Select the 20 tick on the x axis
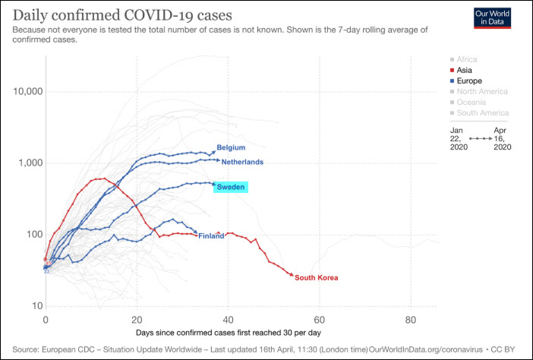pyautogui.click(x=137, y=319)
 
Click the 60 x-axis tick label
pyautogui.click(x=319, y=319)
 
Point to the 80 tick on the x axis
pyautogui.click(x=410, y=319)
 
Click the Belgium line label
pyautogui.click(x=231, y=147)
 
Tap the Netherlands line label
pyautogui.click(x=242, y=162)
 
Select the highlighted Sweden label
pyautogui.click(x=231, y=187)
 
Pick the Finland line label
pyautogui.click(x=211, y=236)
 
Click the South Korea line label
pyautogui.click(x=317, y=278)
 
